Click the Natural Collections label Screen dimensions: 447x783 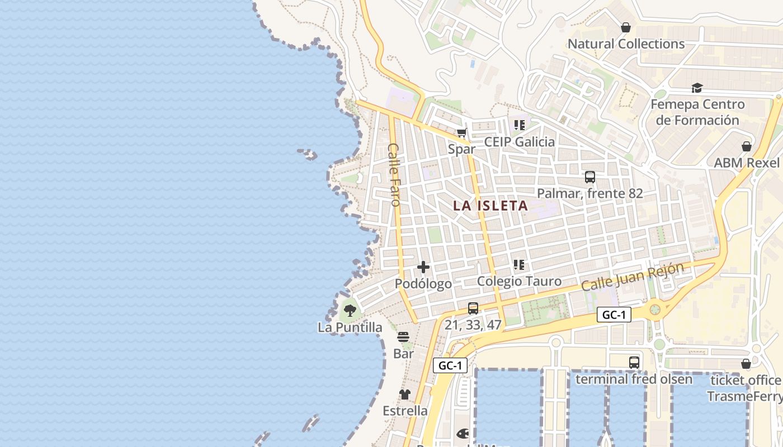[626, 44]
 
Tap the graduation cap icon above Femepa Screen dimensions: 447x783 [696, 88]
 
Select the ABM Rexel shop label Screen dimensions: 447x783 [746, 163]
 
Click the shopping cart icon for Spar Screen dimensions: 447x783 [461, 133]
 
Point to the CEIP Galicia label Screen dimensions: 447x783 [519, 142]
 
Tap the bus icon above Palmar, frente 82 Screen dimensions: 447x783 [589, 178]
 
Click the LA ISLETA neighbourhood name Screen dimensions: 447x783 [490, 206]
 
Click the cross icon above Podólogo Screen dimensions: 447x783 [423, 268]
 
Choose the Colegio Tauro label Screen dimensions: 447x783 [519, 281]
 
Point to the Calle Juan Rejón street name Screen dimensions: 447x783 [633, 277]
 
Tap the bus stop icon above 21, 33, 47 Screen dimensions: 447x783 [473, 308]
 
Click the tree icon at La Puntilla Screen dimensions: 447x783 [350, 311]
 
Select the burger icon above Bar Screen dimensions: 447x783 [403, 337]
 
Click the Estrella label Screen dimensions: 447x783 [405, 411]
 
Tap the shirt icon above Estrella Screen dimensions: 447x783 [405, 394]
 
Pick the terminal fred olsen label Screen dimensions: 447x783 [634, 379]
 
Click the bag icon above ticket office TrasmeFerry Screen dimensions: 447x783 [746, 364]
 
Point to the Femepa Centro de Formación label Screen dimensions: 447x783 [697, 112]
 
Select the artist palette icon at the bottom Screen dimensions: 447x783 [463, 434]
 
